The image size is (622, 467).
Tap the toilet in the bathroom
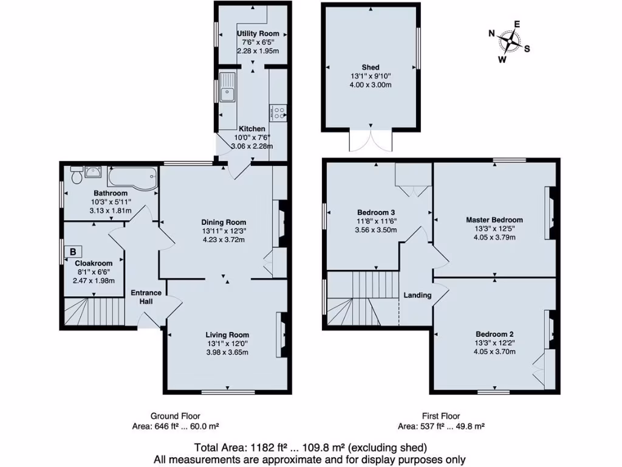point(77,176)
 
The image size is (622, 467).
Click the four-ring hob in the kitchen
point(280,112)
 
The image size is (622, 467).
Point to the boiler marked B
point(73,251)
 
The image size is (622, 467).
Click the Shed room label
point(371,67)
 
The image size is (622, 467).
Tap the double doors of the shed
point(371,140)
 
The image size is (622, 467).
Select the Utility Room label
point(258,33)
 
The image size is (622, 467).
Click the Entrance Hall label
point(146,297)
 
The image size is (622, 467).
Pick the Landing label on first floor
point(417,296)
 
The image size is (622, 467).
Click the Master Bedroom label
point(494,220)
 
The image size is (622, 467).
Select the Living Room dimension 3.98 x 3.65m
point(227,353)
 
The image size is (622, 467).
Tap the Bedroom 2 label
point(494,334)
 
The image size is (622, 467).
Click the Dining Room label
point(224,222)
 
